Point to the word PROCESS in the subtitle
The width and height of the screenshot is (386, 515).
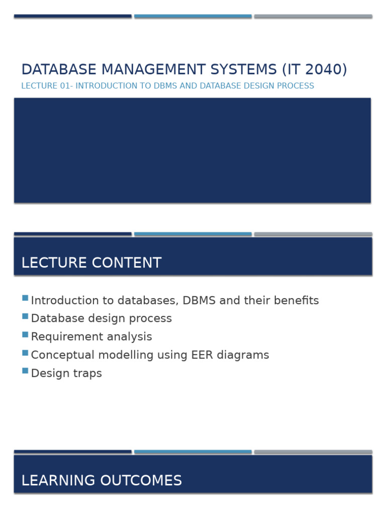[298, 86]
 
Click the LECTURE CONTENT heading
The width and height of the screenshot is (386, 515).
[91, 263]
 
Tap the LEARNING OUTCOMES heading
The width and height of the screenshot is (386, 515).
[102, 481]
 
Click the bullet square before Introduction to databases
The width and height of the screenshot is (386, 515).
[25, 298]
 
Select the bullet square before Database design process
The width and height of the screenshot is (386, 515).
[25, 316]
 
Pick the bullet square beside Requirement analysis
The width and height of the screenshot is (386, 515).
[25, 334]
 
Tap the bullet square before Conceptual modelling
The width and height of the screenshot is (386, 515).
[25, 353]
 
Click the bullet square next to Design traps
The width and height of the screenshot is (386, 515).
[25, 371]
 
